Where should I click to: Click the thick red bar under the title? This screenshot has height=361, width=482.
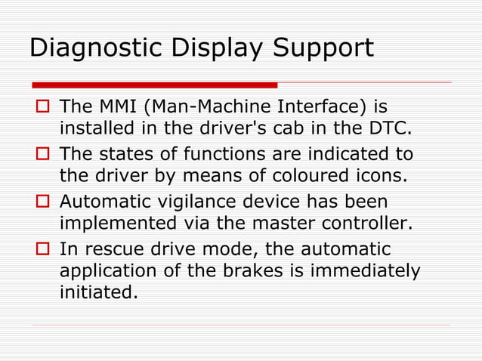154,85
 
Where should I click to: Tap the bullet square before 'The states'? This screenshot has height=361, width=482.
42,155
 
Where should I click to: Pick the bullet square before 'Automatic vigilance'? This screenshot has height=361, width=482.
42,202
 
